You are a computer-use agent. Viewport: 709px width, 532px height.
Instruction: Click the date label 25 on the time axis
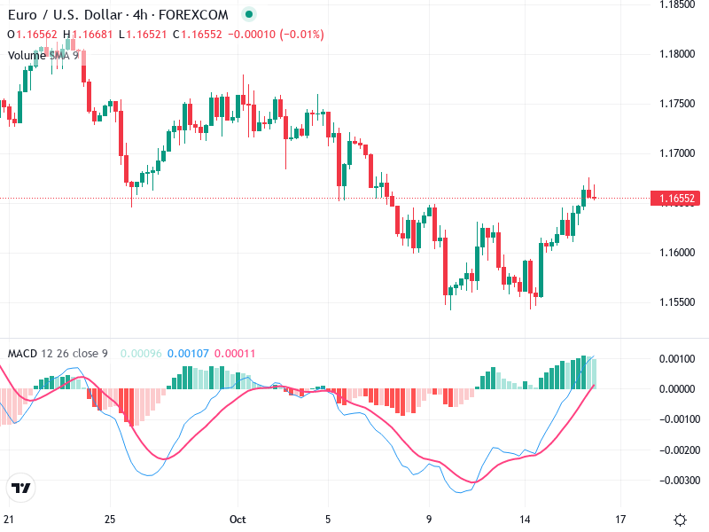[110, 519]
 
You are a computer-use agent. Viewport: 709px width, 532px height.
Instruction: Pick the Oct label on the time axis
[237, 519]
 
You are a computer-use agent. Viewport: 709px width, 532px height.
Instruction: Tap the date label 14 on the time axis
[526, 519]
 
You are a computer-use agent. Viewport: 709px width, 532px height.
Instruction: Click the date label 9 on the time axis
[429, 519]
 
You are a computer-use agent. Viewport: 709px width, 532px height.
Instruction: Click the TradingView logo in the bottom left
[20, 489]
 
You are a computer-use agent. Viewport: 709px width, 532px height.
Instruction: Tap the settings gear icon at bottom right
[680, 520]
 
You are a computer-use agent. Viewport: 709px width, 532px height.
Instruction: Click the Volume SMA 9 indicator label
[43, 55]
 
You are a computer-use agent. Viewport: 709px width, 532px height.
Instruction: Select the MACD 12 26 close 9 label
[58, 354]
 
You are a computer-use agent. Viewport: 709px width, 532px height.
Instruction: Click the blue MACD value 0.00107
[188, 354]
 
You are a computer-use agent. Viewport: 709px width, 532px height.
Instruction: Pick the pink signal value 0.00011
[235, 354]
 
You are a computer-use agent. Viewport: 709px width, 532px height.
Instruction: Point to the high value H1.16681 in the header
[88, 35]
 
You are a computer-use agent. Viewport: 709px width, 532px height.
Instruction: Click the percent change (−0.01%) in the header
[302, 35]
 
